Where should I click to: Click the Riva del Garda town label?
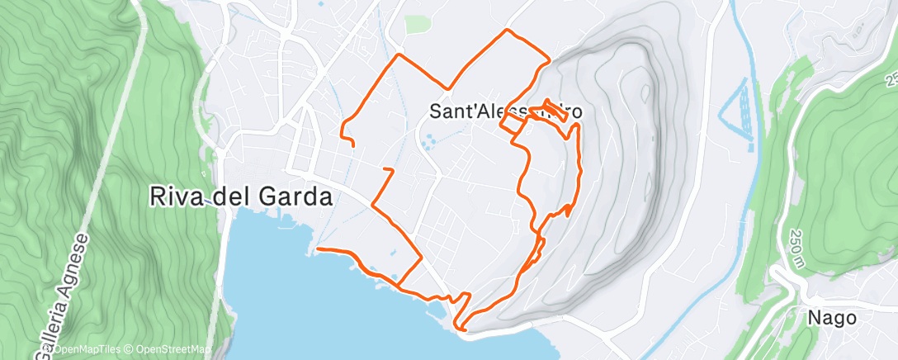(241, 197)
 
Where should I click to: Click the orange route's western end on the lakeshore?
(319, 248)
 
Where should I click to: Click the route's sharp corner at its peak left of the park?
(399, 55)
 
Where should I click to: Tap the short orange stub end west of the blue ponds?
(385, 168)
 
